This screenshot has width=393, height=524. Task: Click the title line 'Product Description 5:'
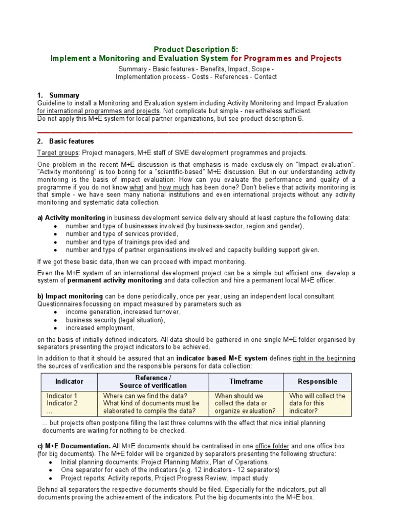pyautogui.click(x=196, y=50)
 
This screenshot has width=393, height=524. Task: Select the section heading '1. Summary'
pyautogui.click(x=58, y=95)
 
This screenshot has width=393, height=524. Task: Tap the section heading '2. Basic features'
pyautogui.click(x=65, y=141)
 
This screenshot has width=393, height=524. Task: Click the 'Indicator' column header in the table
pyautogui.click(x=69, y=381)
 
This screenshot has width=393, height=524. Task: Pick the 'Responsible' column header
pyautogui.click(x=317, y=381)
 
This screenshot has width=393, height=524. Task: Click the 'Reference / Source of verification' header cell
pyautogui.click(x=153, y=381)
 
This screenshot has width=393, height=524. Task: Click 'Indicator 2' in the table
pyautogui.click(x=62, y=403)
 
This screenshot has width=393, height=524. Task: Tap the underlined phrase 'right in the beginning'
pyautogui.click(x=324, y=358)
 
